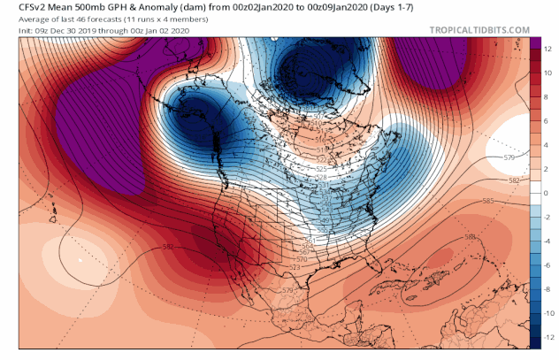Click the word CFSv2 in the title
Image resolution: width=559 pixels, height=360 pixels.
coord(19,7)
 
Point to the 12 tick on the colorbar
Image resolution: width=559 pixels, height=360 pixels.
coord(548,41)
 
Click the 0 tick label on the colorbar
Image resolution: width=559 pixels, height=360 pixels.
coord(548,191)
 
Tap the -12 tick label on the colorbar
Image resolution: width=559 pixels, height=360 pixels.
coord(548,339)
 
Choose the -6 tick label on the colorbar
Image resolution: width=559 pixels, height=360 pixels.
coord(548,264)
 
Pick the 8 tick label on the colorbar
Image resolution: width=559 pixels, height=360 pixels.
coord(548,91)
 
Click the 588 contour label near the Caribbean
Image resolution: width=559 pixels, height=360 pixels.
coord(470,237)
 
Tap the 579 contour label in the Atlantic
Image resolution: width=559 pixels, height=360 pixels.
coord(509,158)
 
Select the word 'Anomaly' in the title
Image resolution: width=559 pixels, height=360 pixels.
coord(175,7)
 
